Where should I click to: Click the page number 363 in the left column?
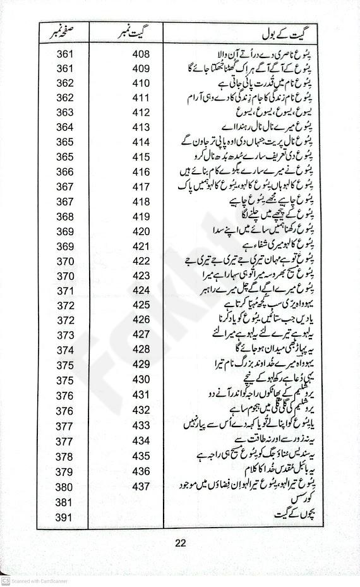(x=64, y=112)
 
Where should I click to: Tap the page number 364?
(x=64, y=128)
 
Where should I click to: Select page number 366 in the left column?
(x=64, y=171)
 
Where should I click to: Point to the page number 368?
(x=64, y=216)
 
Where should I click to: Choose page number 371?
(x=64, y=291)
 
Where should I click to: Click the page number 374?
(x=64, y=350)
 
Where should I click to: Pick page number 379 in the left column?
(x=64, y=471)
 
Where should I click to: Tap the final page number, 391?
(x=64, y=517)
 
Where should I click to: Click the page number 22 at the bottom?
(x=180, y=543)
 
